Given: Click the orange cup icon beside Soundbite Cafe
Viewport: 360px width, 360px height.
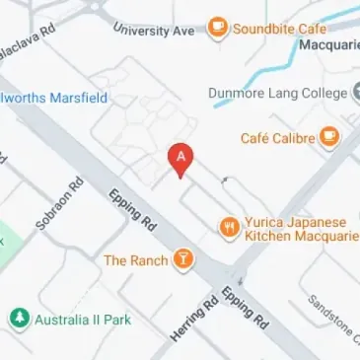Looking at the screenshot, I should click(217, 28).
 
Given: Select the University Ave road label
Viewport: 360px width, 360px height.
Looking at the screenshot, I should click(154, 31).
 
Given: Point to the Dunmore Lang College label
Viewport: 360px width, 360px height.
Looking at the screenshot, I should click(277, 94).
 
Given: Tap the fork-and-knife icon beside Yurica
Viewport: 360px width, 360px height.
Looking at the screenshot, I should click(230, 229).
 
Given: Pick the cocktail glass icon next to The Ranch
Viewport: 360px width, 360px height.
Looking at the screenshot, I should click(181, 260).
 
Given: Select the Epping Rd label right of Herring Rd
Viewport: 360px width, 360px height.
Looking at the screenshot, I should click(244, 308).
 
